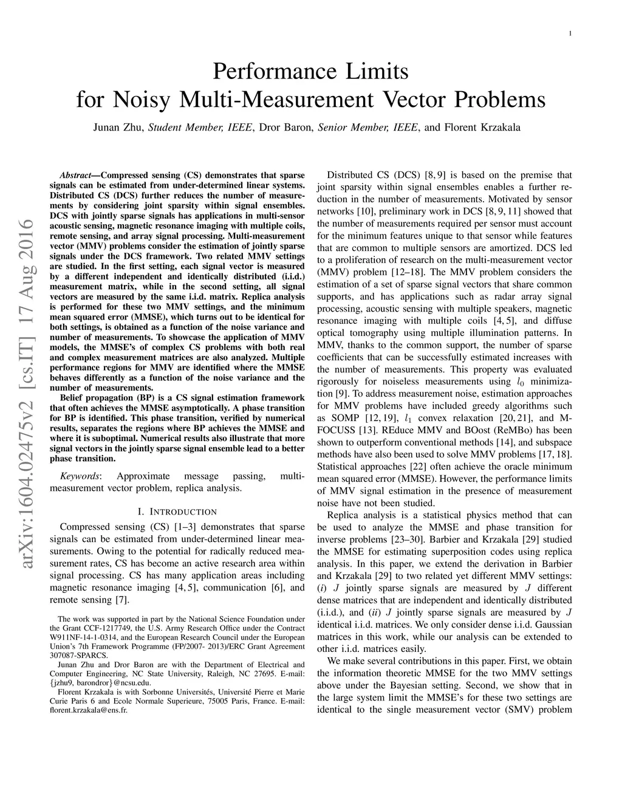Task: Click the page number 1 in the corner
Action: [x=570, y=33]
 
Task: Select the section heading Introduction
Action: [x=182, y=512]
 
